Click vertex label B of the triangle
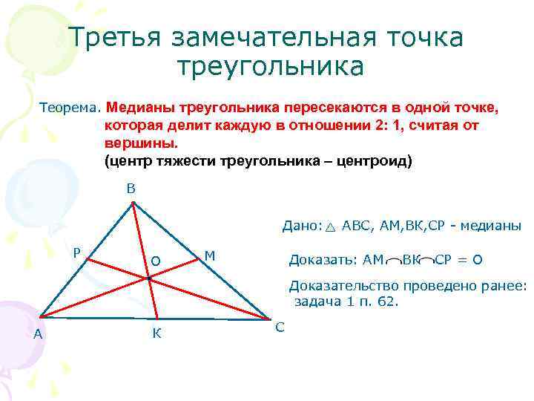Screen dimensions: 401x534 point(131,189)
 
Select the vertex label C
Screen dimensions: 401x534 point(280,327)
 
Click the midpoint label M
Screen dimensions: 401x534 point(210,255)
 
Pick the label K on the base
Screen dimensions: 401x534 point(156,334)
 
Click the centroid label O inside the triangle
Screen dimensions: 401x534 point(155,261)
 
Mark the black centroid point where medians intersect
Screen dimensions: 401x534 point(148,278)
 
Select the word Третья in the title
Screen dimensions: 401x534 point(116,37)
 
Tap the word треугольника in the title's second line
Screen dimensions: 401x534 point(271,67)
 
